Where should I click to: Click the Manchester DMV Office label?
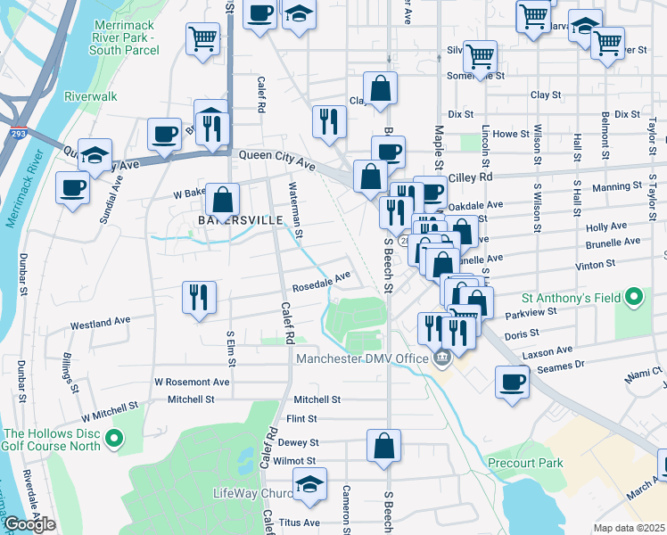(363, 358)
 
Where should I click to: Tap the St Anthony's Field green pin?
(634, 296)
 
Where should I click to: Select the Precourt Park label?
(526, 463)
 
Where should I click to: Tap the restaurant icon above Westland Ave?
(199, 297)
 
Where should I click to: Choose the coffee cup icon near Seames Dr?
(513, 381)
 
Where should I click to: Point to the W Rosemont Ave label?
(192, 382)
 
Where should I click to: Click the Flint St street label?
(301, 418)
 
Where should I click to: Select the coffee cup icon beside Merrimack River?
(72, 187)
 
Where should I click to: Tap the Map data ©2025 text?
(629, 528)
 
